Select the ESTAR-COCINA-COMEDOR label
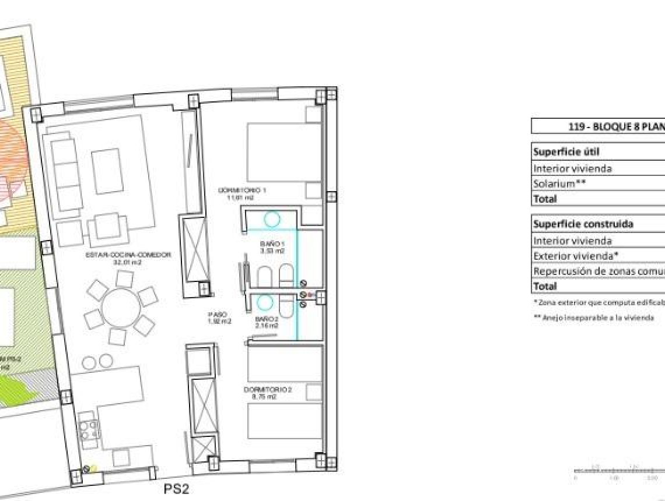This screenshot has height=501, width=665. coord(120,258)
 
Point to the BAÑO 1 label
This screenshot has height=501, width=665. coord(272,248)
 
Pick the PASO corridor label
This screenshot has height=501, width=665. coord(213,317)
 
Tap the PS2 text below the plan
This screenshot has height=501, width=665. coord(176,490)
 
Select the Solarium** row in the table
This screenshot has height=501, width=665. coord(560,184)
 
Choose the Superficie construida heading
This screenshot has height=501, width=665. coord(575,224)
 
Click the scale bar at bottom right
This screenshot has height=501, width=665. coord(618,470)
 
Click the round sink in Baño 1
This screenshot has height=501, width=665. coord(272,220)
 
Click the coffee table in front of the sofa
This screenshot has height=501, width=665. coord(107,171)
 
